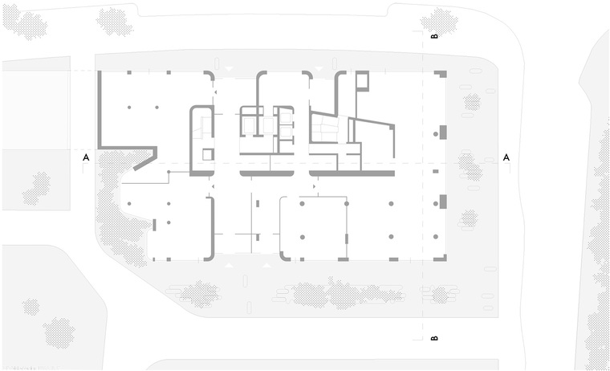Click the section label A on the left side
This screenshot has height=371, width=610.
pos(86,157)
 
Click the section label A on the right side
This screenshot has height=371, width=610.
pos(506,157)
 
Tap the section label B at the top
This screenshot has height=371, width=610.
pos(434,36)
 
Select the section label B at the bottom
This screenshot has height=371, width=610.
pos(434,338)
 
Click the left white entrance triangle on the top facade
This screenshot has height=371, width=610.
pos(229,68)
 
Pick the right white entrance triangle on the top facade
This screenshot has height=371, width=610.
pos(319,68)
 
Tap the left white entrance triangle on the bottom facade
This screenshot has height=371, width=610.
pos(229,265)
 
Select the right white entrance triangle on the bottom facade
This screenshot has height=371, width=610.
pos(266,265)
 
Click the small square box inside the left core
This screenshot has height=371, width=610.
pos(208,154)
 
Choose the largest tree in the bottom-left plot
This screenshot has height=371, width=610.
pos(59,332)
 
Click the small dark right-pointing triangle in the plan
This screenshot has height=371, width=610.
pos(315,187)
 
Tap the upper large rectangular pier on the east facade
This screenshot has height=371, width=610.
pos(443,132)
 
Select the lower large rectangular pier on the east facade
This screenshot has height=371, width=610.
pos(443,202)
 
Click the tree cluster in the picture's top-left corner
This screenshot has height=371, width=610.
pos(25,22)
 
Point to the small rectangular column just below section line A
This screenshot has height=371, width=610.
pos(436,171)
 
